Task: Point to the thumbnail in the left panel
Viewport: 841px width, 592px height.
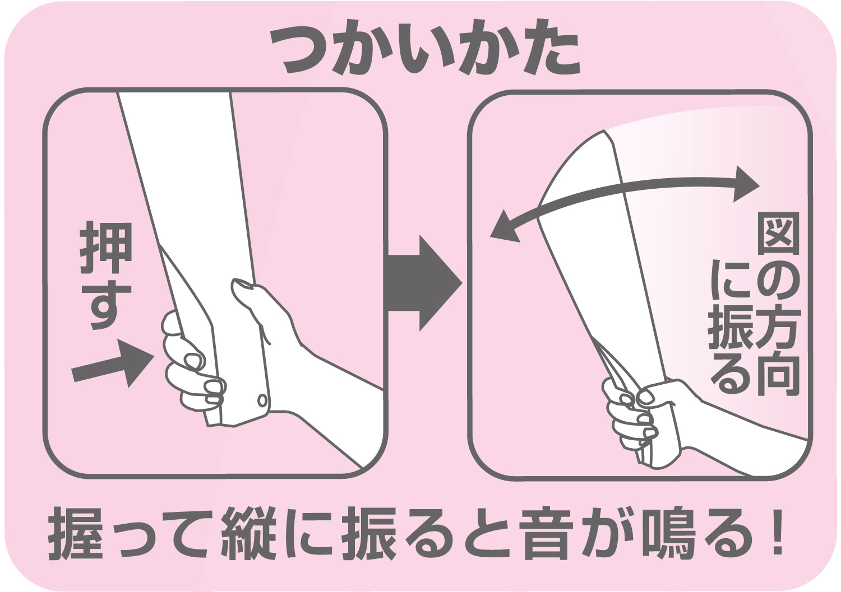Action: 243,289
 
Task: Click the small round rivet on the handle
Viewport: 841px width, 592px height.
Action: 261,399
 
